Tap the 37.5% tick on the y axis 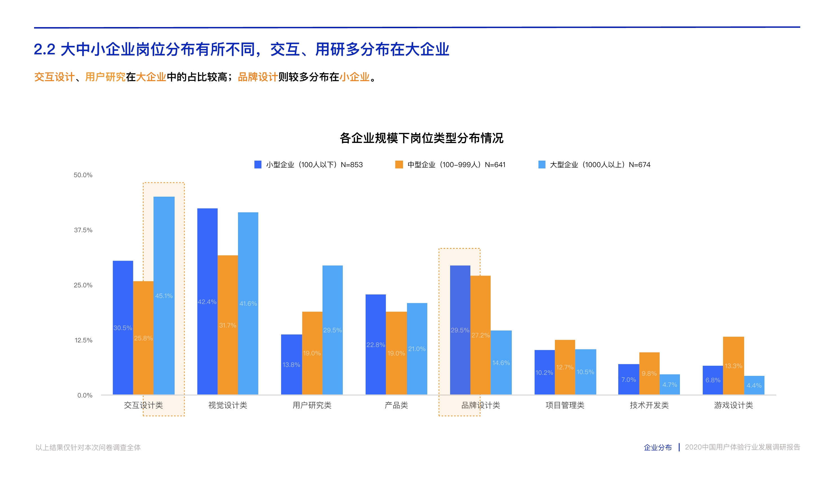pos(83,230)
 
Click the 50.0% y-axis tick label pos(83,175)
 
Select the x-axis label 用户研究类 pos(312,405)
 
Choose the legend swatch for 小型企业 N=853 pos(258,165)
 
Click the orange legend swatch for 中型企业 pos(399,165)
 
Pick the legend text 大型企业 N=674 pos(600,165)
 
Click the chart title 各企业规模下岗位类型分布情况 pos(421,138)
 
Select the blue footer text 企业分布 pos(657,447)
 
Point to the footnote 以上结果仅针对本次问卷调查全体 pos(88,447)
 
